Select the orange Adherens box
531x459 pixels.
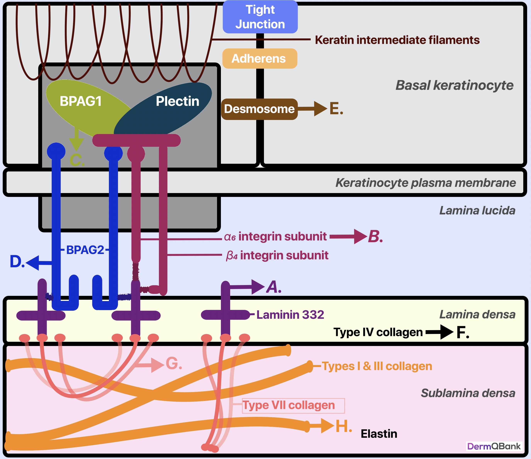[260, 58]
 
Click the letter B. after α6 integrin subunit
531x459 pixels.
[375, 236]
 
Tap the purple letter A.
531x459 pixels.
[274, 287]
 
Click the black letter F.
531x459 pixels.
[463, 332]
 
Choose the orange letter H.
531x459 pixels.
[344, 426]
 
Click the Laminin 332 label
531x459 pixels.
[290, 315]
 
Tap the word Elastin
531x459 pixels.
[379, 434]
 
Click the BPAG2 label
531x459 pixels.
[85, 250]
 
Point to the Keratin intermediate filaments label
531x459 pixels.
[397, 40]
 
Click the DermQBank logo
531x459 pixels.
[494, 446]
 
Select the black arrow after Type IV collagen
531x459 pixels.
[439, 332]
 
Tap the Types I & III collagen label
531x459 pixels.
[377, 366]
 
